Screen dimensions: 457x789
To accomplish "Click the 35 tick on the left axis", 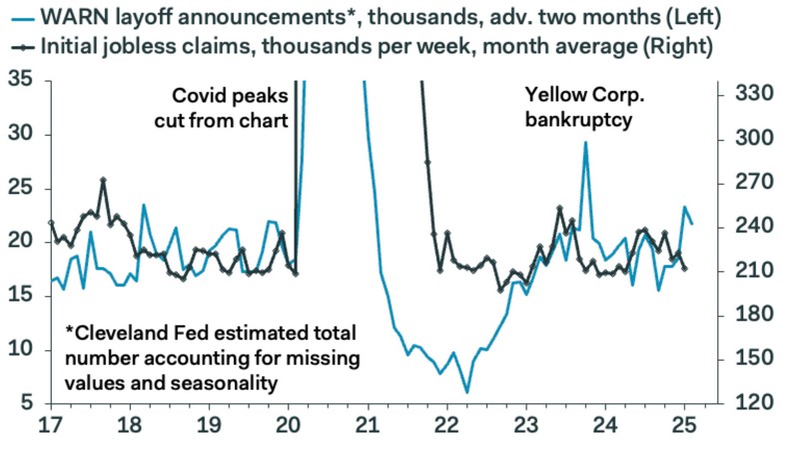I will click(19, 80).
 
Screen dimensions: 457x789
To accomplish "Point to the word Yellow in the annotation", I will click(552, 96).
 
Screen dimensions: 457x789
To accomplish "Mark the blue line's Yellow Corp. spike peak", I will click(585, 142).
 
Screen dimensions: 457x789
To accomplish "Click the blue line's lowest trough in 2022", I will click(466, 392).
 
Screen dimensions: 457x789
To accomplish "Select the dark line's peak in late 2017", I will click(104, 181).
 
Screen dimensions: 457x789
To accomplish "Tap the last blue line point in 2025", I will click(693, 223).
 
